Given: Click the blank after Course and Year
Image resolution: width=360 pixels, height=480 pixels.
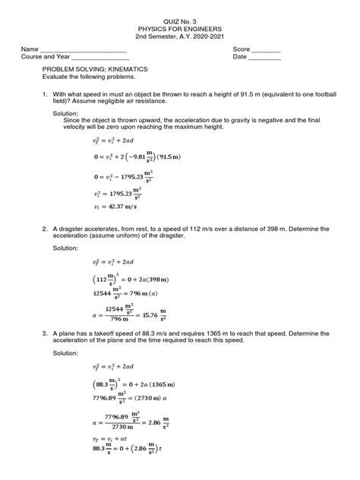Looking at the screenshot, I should [99, 57].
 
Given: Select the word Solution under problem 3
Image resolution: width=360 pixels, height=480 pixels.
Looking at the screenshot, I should [66, 354].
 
